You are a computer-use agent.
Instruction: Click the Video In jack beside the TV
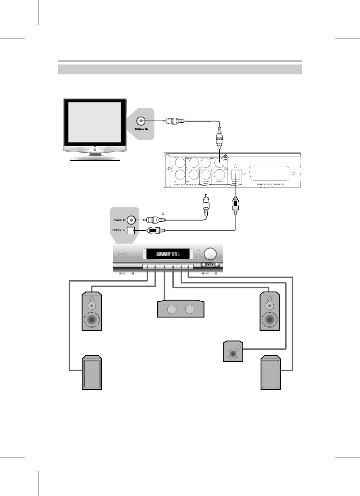point(141,121)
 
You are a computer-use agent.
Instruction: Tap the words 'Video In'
point(141,129)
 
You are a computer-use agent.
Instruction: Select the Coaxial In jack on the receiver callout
point(132,220)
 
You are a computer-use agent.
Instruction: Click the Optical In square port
point(131,231)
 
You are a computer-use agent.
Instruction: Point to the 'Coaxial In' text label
point(119,220)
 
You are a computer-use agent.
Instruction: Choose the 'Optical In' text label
point(118,230)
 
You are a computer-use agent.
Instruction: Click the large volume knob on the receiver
point(211,254)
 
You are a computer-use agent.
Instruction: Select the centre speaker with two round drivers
point(181,309)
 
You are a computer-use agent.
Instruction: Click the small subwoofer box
point(233,351)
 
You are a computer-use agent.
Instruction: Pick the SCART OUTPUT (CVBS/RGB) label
point(270,185)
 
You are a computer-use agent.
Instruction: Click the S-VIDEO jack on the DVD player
point(220,174)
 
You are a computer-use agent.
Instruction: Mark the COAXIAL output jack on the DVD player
point(205,175)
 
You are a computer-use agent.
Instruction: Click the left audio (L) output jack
point(180,163)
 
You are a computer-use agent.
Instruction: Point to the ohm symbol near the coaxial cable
point(163,214)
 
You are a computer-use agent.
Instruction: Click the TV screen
point(94,122)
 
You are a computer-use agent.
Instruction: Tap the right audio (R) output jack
point(180,174)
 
